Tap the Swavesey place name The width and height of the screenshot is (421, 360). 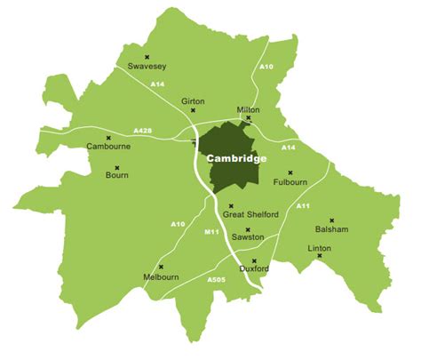pyautogui.click(x=147, y=66)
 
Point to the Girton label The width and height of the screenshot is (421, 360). pyautogui.click(x=193, y=100)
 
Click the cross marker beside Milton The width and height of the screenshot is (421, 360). pyautogui.click(x=249, y=117)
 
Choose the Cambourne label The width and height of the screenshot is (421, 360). pyautogui.click(x=107, y=147)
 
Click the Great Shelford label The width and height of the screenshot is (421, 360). pyautogui.click(x=250, y=215)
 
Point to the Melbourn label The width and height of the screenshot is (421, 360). pyautogui.click(x=161, y=277)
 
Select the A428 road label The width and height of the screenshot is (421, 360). pyautogui.click(x=142, y=131)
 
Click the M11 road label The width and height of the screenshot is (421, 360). pyautogui.click(x=211, y=233)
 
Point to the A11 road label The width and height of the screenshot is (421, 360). pyautogui.click(x=302, y=207)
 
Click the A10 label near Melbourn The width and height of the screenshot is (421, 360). pyautogui.click(x=178, y=224)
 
